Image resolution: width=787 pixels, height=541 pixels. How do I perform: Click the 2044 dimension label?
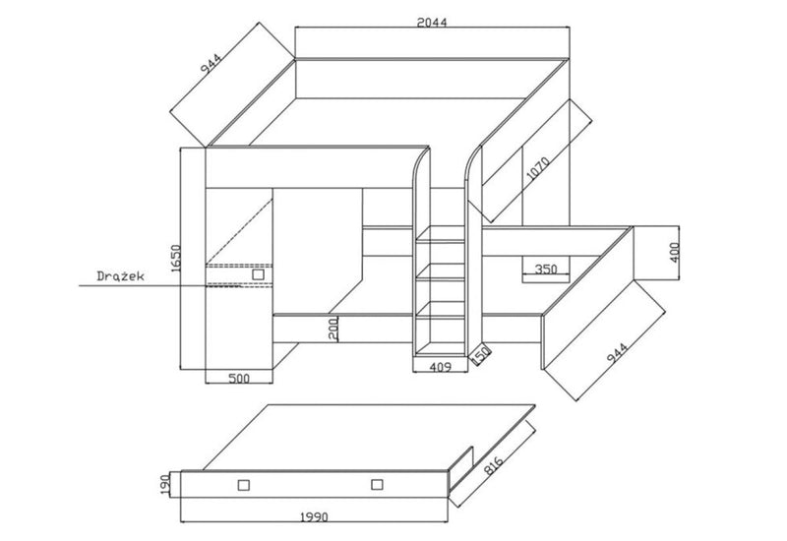(431, 22)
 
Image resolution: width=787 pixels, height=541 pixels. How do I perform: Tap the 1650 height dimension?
(175, 258)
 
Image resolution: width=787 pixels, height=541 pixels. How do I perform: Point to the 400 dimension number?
(674, 253)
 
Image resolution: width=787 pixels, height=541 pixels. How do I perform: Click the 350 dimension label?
(546, 269)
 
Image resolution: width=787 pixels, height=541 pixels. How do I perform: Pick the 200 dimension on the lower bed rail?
(333, 329)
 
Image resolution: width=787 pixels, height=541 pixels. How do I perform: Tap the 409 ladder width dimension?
(440, 367)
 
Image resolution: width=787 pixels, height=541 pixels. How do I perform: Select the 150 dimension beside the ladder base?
(480, 353)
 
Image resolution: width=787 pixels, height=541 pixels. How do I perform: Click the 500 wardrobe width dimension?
(239, 378)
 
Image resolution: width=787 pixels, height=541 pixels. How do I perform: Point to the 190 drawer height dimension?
(165, 484)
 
